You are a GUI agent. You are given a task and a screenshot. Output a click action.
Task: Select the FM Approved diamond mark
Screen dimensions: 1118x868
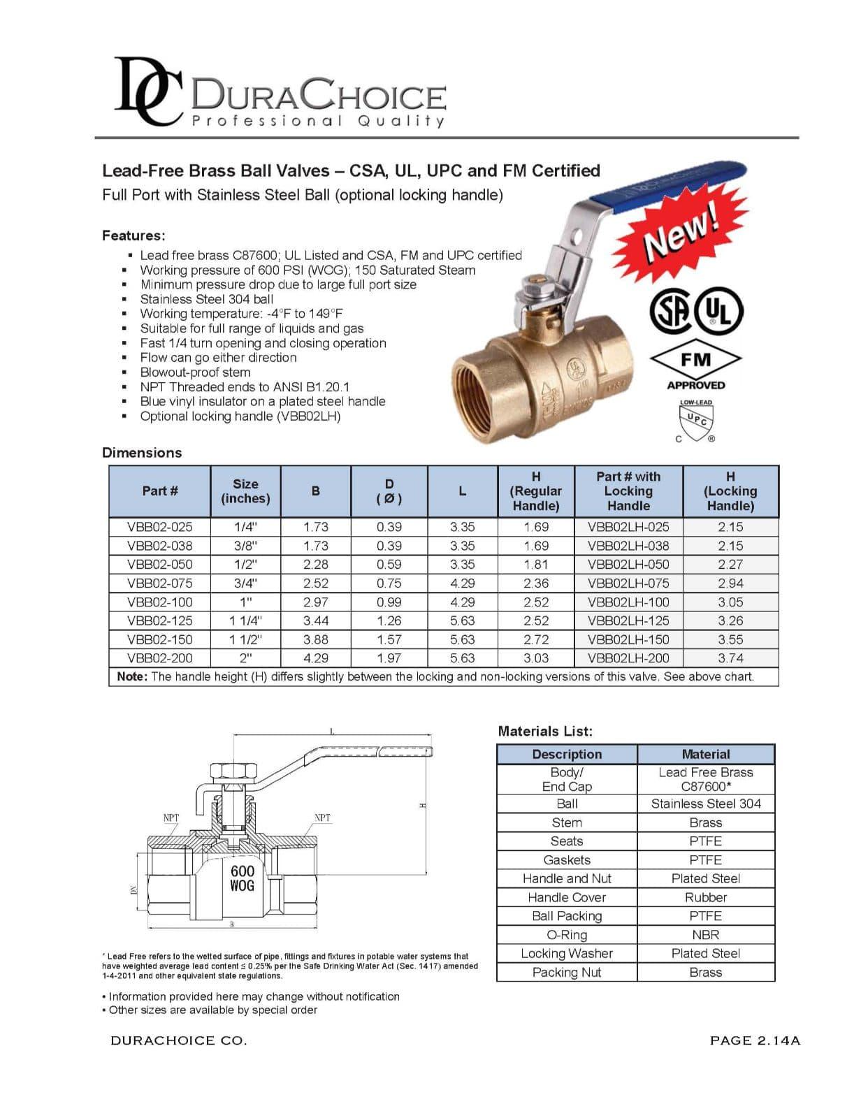click(x=695, y=361)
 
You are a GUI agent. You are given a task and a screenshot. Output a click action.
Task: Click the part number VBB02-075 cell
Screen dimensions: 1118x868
click(x=160, y=583)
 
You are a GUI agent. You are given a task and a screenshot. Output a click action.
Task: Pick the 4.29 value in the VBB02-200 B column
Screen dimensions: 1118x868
click(x=316, y=658)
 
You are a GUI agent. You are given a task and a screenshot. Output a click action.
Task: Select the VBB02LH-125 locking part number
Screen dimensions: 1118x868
click(x=628, y=620)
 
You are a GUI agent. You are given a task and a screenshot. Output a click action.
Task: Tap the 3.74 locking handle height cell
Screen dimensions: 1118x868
click(x=730, y=658)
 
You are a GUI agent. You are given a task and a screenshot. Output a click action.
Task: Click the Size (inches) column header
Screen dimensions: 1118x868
click(x=245, y=491)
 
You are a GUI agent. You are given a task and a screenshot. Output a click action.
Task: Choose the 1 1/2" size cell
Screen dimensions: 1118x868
click(x=245, y=639)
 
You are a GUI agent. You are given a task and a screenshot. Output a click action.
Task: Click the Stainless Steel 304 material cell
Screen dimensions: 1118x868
click(x=706, y=804)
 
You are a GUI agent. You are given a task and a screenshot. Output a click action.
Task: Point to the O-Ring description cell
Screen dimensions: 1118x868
click(x=567, y=935)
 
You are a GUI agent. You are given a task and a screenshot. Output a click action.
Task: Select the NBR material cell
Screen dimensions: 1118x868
click(x=706, y=935)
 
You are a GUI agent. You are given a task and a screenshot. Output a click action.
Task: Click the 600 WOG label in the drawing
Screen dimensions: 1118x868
click(x=243, y=878)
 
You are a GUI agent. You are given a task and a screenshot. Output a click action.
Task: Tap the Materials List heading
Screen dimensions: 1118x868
click(x=545, y=732)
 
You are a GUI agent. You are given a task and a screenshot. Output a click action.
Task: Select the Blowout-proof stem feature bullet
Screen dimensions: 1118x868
click(x=195, y=372)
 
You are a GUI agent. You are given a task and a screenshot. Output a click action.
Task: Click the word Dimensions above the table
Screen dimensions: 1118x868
click(x=142, y=453)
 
